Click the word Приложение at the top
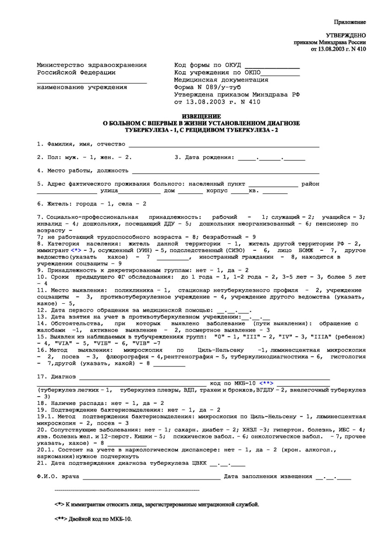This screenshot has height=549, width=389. pos(350,22)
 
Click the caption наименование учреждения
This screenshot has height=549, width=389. pos(82,87)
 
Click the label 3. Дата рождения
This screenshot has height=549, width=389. pos(204,158)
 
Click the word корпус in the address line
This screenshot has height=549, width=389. pos(217,191)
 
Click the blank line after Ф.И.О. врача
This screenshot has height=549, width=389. pos(151,477)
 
